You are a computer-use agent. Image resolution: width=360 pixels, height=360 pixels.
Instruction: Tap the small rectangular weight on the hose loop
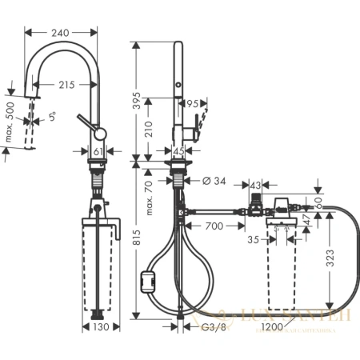(147, 281)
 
